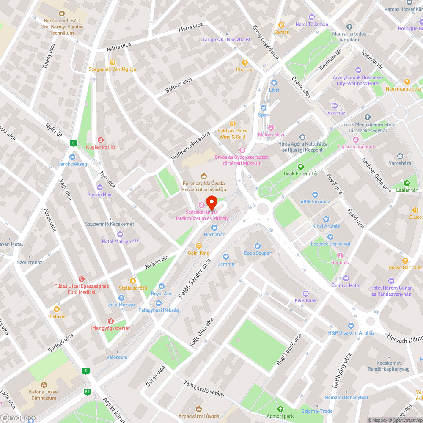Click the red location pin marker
click(211, 201)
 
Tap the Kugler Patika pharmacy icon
click(100, 140)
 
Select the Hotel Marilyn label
click(121, 241)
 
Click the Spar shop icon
click(264, 107)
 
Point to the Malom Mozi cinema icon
click(271, 127)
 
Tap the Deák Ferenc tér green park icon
click(301, 166)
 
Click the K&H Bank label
click(306, 301)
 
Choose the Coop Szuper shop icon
click(258, 246)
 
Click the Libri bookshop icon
click(274, 83)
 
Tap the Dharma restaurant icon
click(245, 62)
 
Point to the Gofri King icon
click(199, 246)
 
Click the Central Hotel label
click(346, 286)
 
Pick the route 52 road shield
click(88, 392)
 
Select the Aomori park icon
click(280, 409)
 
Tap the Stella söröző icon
click(133, 280)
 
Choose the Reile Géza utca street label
click(202, 332)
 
